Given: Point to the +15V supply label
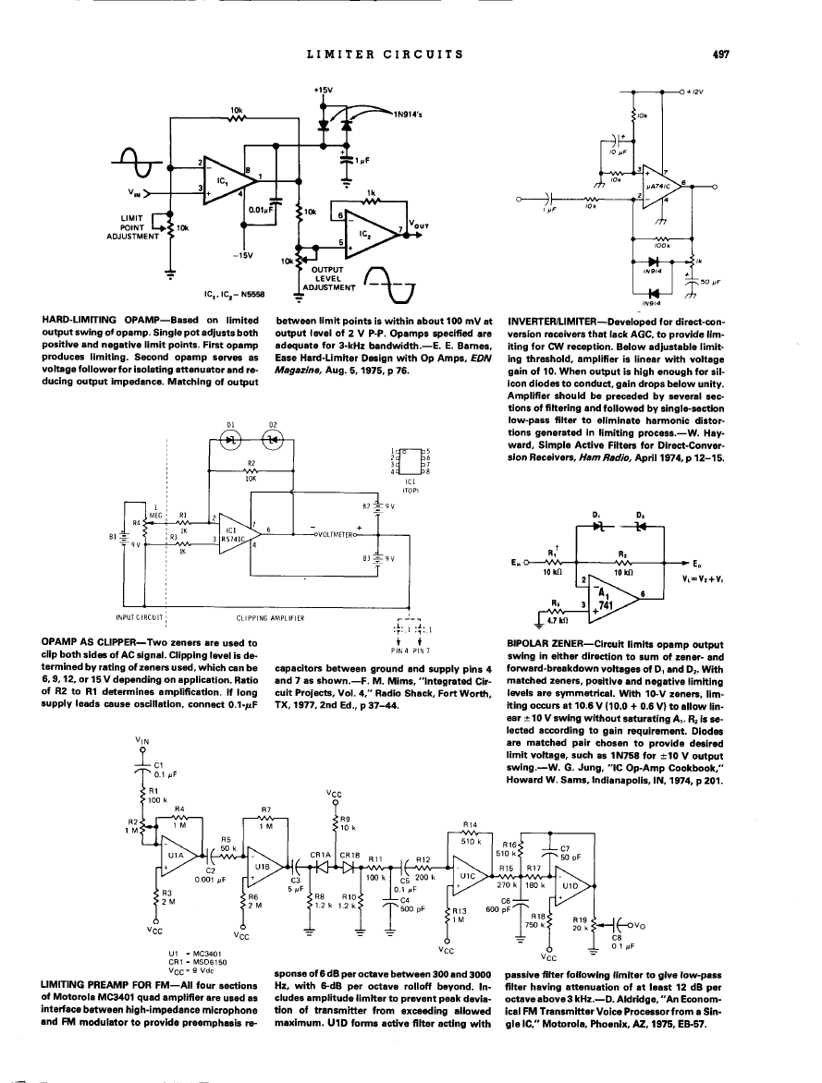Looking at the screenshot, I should (x=323, y=90).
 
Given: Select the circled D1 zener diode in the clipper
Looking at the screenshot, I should (x=232, y=441).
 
